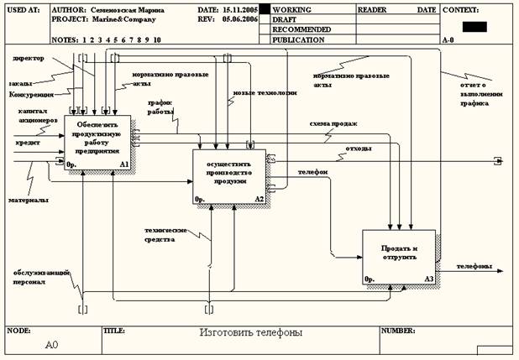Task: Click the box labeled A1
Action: (97, 143)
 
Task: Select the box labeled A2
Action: (229, 176)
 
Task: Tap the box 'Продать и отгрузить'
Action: (399, 255)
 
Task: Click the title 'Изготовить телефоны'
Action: (250, 332)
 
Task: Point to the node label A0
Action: (53, 344)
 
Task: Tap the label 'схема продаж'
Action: (333, 123)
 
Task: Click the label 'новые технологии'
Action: (264, 93)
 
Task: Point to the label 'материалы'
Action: (28, 200)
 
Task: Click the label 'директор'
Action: (29, 60)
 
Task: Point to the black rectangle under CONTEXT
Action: (474, 26)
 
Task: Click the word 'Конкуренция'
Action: (30, 95)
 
